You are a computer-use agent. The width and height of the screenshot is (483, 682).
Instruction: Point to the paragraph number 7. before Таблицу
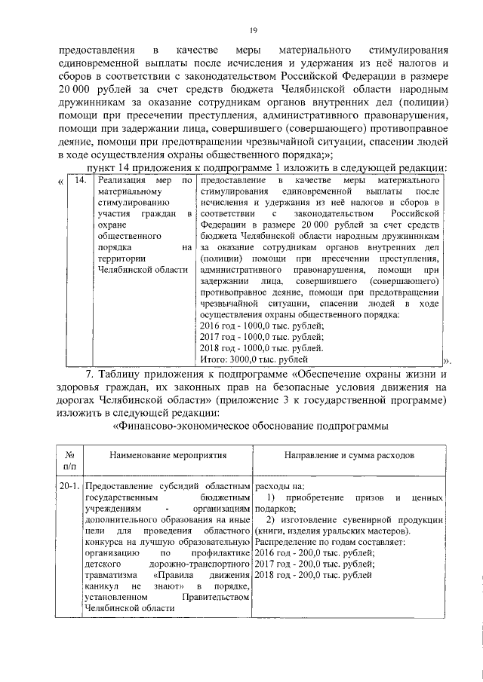pyautogui.click(x=90, y=374)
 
